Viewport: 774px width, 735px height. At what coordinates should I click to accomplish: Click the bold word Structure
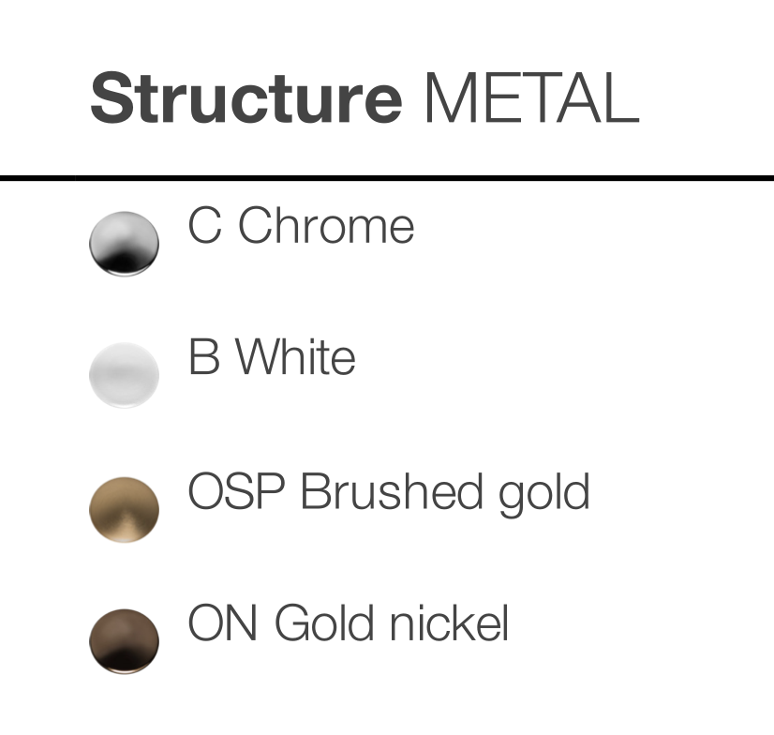coord(246,97)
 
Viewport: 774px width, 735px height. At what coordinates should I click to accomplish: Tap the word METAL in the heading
coord(531,97)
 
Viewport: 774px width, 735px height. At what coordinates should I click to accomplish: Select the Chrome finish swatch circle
coord(124,244)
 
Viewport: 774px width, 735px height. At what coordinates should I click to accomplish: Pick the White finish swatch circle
coord(124,375)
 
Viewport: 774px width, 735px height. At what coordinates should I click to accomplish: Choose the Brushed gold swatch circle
coord(124,509)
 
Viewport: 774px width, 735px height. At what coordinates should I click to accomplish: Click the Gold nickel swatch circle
coord(124,641)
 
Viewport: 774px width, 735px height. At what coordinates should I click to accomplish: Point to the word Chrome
coord(326,225)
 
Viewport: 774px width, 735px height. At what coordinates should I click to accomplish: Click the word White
coord(295,356)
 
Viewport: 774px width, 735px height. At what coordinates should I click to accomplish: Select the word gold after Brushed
coord(544,494)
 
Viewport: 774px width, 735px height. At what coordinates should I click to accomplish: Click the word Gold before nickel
coord(324,622)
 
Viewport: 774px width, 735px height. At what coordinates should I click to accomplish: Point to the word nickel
coord(449,622)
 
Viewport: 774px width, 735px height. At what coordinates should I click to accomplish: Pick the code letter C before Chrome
coord(204,225)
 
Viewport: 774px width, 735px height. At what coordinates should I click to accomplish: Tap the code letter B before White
coord(204,356)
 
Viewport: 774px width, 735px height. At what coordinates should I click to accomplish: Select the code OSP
coord(236,490)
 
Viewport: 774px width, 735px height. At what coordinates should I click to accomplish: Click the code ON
coord(223,622)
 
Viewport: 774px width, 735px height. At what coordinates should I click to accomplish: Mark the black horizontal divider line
coord(387,178)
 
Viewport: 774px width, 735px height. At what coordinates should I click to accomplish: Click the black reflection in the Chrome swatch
coord(123,261)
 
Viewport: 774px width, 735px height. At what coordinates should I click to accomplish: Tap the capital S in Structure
coord(110,97)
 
